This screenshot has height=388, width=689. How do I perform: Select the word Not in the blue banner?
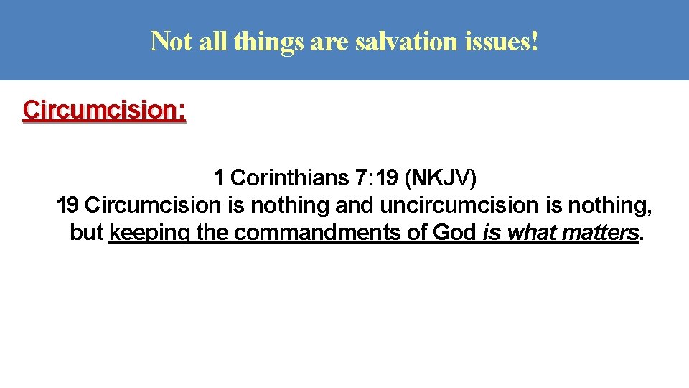click(170, 42)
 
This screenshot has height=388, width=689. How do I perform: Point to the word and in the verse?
click(355, 205)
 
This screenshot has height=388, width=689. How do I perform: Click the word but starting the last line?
click(87, 233)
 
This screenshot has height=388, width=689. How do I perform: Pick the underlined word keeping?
click(149, 234)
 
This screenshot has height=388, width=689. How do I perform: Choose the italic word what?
click(533, 233)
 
